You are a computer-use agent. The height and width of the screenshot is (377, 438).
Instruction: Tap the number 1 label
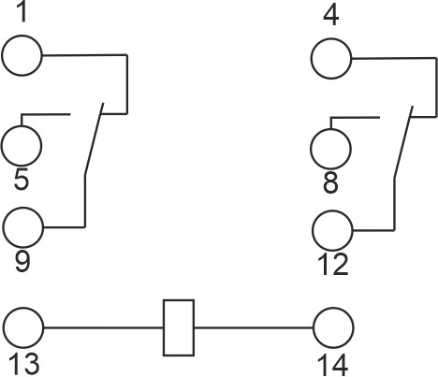[22, 12]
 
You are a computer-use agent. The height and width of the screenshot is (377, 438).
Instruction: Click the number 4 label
[331, 16]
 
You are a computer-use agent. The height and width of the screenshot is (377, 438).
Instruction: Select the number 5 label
[22, 179]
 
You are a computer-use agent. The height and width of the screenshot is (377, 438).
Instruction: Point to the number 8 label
[330, 182]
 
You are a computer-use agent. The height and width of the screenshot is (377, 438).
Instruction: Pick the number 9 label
[22, 261]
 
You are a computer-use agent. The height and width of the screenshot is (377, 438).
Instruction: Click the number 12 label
[333, 265]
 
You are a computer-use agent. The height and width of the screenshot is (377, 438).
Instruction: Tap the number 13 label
[24, 364]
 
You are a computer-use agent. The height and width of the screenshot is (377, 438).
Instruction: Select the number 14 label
[332, 364]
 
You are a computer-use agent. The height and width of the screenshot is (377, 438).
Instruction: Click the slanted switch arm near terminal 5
[95, 138]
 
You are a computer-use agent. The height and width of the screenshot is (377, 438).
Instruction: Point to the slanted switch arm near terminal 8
[403, 142]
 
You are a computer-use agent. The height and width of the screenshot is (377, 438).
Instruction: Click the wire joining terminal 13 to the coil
[104, 327]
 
